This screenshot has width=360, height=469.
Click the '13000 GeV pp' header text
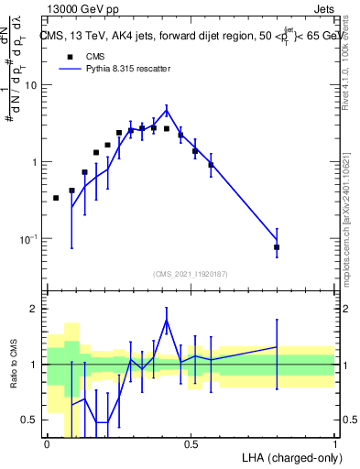80,7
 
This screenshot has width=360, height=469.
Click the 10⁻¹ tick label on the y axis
30,240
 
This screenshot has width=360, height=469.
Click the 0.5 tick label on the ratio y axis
30,420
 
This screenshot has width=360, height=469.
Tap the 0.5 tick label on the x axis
191,444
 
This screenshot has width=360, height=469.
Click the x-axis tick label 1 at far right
334,444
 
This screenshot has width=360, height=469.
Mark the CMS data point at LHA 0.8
277,247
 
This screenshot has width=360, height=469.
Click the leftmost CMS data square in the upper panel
56,198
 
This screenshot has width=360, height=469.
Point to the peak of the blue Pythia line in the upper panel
167,110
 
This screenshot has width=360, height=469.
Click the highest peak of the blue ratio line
167,319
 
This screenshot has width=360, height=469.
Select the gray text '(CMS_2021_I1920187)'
190,273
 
